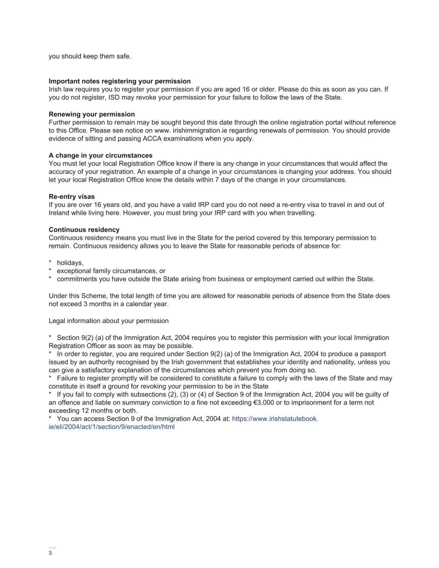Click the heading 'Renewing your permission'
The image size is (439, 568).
pyautogui.click(x=92, y=114)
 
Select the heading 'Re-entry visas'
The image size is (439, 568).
pyautogui.click(x=72, y=197)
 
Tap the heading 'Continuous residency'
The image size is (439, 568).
pyautogui.click(x=84, y=230)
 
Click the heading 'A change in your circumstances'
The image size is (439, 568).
pyautogui.click(x=100, y=155)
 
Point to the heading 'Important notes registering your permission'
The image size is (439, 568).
pyautogui.click(x=120, y=81)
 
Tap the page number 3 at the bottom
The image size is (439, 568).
pyautogui.click(x=50, y=553)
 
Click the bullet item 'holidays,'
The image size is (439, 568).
pyautogui.click(x=70, y=263)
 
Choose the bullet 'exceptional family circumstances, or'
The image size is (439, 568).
pyautogui.click(x=111, y=271)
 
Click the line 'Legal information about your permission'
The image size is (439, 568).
pyautogui.click(x=109, y=321)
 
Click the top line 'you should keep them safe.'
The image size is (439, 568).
pyautogui.click(x=90, y=56)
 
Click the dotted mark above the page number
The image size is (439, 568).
pyautogui.click(x=52, y=547)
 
